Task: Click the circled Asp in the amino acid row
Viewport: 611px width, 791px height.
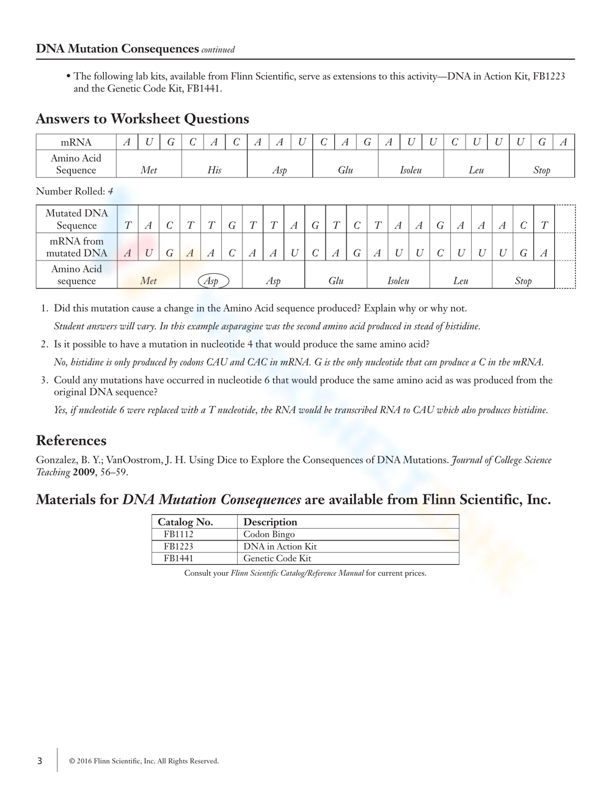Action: pyautogui.click(x=212, y=281)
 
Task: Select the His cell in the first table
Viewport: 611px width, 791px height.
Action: pyautogui.click(x=214, y=171)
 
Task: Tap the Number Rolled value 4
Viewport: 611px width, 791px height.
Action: pyautogui.click(x=111, y=191)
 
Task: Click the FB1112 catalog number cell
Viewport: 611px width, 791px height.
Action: pyautogui.click(x=178, y=534)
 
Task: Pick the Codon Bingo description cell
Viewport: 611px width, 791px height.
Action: pyautogui.click(x=269, y=534)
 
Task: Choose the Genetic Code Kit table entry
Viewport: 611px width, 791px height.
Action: pyautogui.click(x=277, y=558)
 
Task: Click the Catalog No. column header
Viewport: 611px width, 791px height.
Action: pyautogui.click(x=185, y=522)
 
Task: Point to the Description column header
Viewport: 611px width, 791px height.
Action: pyautogui.click(x=270, y=522)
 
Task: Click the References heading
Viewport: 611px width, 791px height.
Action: pyautogui.click(x=71, y=441)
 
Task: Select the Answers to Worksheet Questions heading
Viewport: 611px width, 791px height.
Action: pyautogui.click(x=142, y=119)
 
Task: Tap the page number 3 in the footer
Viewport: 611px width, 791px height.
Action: pyautogui.click(x=40, y=761)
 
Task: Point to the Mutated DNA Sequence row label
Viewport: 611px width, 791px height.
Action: pyautogui.click(x=77, y=219)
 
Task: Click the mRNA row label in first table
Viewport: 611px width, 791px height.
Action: pyautogui.click(x=76, y=142)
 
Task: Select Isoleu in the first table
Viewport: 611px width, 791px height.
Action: pyautogui.click(x=411, y=171)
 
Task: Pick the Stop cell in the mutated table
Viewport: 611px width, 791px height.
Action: pyautogui.click(x=523, y=281)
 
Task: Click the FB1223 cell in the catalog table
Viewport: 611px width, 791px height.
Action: pyautogui.click(x=178, y=546)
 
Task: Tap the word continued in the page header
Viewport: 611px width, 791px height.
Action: pyautogui.click(x=218, y=50)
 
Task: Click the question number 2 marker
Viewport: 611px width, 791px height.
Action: pyautogui.click(x=45, y=345)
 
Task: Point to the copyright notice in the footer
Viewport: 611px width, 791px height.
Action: pyautogui.click(x=144, y=761)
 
